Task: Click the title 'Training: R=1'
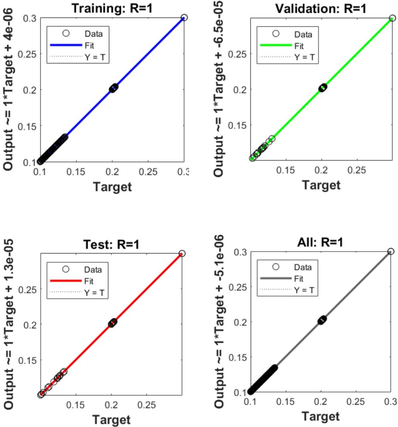click(x=112, y=8)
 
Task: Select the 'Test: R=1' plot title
click(x=111, y=244)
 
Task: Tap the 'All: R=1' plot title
click(x=320, y=242)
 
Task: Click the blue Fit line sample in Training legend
click(x=66, y=45)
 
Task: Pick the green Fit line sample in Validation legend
click(x=276, y=45)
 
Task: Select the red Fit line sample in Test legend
click(x=66, y=281)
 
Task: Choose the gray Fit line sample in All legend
click(x=276, y=279)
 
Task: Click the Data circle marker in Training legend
click(x=66, y=33)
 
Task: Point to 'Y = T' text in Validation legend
click(x=304, y=57)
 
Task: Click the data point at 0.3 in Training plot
click(x=184, y=18)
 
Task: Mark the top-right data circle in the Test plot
click(x=182, y=254)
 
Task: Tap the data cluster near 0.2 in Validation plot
click(x=323, y=88)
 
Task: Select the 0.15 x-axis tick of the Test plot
click(x=75, y=405)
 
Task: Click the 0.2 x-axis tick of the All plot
click(x=320, y=402)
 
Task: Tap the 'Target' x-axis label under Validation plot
click(x=321, y=185)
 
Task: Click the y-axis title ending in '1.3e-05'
click(x=9, y=324)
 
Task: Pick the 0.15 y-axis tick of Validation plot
click(x=237, y=126)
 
